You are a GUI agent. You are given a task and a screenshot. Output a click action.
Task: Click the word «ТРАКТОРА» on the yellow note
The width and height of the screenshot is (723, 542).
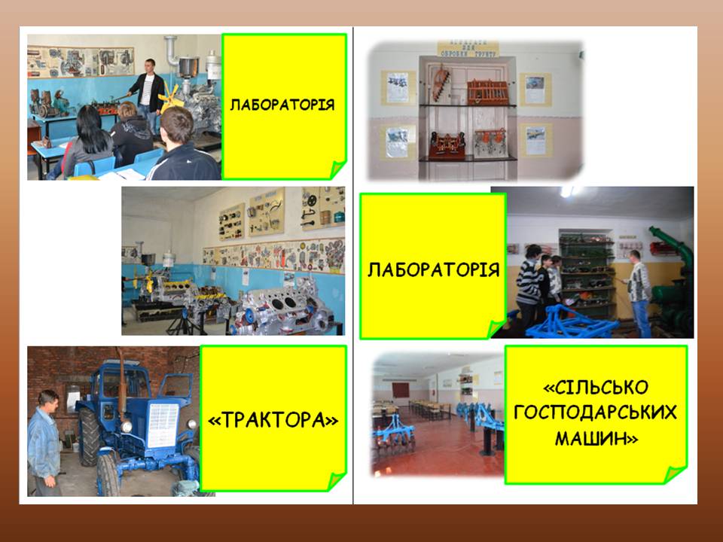click(274, 420)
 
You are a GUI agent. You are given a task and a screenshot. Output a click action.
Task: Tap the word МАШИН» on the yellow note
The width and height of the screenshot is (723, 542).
click(596, 438)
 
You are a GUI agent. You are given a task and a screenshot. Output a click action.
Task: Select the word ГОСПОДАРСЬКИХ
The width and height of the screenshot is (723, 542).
click(595, 412)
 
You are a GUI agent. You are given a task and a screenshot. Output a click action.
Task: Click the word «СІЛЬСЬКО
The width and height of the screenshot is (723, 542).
click(596, 387)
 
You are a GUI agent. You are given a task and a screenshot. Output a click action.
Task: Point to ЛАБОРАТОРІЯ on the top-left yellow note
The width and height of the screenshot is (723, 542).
click(282, 105)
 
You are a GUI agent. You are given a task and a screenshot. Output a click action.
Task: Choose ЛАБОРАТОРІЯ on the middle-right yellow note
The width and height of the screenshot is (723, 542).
click(434, 269)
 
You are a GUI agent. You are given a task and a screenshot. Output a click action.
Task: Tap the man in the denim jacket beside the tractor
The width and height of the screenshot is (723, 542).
click(44, 443)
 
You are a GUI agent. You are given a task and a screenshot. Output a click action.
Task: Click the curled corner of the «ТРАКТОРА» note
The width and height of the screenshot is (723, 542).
click(336, 481)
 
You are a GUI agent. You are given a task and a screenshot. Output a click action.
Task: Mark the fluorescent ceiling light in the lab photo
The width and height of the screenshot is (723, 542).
click(568, 191)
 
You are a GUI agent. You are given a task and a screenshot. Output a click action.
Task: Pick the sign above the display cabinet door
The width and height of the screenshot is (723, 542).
click(468, 49)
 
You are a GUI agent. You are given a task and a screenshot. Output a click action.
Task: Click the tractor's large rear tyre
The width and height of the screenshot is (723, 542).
click(89, 436)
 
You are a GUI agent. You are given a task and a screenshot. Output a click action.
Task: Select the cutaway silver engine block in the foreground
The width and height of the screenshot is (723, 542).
click(282, 312)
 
